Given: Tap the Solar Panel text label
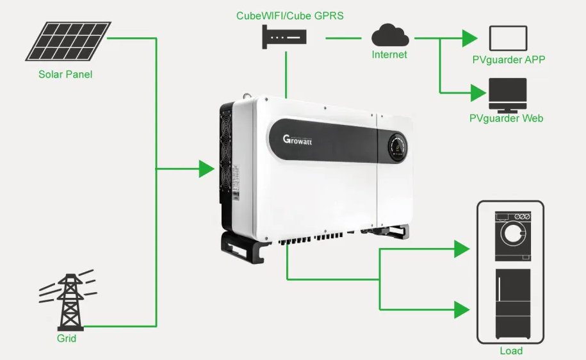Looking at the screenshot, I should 65,74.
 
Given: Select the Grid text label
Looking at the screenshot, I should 67,338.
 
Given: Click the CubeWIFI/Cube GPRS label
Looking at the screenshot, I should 289,15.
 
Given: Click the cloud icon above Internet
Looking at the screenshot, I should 389,35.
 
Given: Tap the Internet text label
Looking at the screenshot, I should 389,55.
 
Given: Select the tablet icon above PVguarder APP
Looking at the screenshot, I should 508,38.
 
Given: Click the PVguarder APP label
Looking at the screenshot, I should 508,60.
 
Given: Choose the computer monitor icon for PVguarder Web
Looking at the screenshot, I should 507,95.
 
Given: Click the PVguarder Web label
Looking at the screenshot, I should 507,119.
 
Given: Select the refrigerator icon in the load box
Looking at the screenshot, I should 512,304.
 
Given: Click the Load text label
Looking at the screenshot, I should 511,351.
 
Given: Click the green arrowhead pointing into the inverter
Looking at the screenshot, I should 206,169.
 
